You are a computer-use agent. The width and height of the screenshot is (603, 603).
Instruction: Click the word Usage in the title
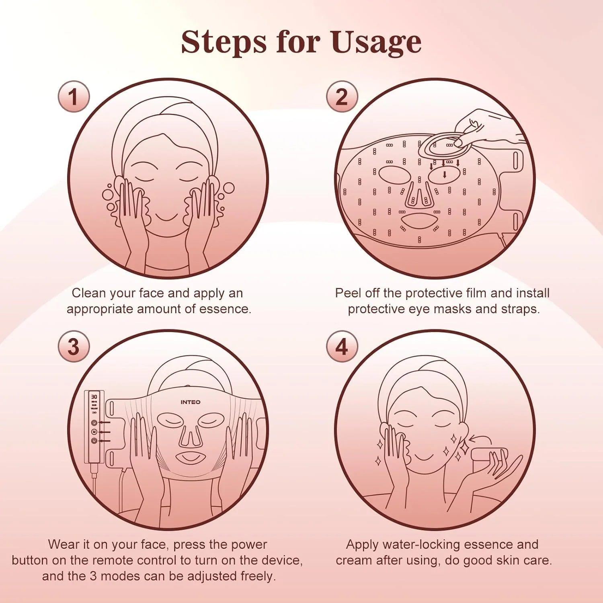[x=376, y=42]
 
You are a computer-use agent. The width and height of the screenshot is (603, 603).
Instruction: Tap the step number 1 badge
[x=73, y=96]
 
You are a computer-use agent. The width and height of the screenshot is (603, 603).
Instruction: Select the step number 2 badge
[x=341, y=96]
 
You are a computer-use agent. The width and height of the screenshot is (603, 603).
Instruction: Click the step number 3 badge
[x=73, y=347]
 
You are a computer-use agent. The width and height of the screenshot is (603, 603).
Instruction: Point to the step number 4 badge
[x=341, y=347]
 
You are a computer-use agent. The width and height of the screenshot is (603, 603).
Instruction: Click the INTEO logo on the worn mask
[x=190, y=402]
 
